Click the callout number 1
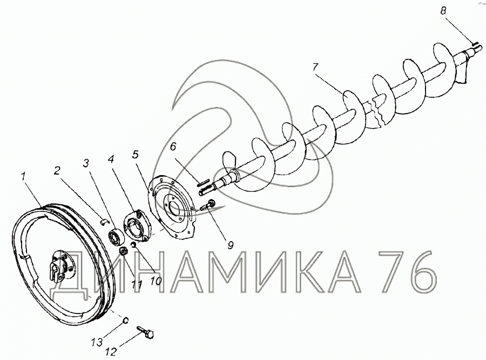(x=24, y=176)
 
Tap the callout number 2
(x=56, y=170)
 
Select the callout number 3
(x=86, y=163)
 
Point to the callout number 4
(x=111, y=159)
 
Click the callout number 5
(x=135, y=155)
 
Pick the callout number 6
(x=173, y=146)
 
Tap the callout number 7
(x=315, y=67)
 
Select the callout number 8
(x=443, y=11)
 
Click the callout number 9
(x=230, y=245)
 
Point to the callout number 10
(x=156, y=281)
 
